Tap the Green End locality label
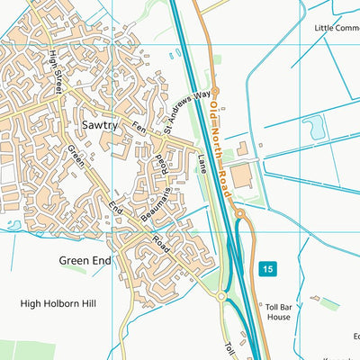point(85,261)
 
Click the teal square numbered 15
point(267,269)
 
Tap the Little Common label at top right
point(337,28)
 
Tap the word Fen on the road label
point(139,128)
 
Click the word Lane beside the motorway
point(202,165)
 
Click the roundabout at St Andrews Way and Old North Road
point(213,89)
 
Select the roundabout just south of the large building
point(241,213)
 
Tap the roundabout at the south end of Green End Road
point(220,296)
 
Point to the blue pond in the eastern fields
point(316,129)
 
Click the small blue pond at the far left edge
point(12,225)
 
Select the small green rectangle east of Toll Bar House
point(329,304)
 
